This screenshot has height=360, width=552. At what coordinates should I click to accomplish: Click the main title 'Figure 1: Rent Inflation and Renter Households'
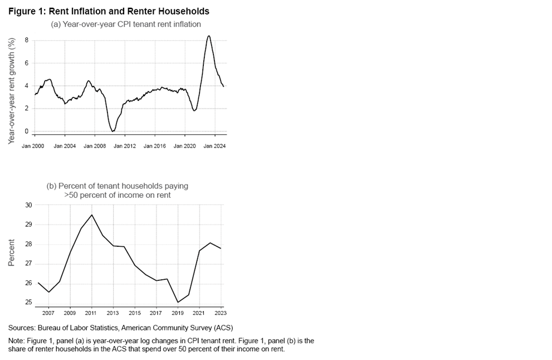click(109, 11)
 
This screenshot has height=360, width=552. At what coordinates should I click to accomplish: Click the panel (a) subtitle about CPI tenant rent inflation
click(126, 24)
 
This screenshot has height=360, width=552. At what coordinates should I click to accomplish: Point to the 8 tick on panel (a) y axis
click(26, 40)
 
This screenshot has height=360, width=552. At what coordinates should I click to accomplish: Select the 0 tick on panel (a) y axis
click(26, 131)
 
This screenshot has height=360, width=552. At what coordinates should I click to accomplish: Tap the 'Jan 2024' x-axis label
click(215, 145)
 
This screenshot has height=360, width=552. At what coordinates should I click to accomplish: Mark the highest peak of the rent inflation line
click(208, 36)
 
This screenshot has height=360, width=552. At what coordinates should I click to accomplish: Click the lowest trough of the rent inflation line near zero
click(113, 132)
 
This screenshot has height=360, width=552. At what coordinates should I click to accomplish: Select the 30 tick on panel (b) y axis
click(28, 205)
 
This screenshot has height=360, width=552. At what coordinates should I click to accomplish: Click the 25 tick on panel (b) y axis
click(28, 303)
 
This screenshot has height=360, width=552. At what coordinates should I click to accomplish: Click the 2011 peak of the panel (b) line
click(91, 215)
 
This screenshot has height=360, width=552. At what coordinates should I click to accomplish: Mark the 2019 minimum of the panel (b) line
click(178, 303)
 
